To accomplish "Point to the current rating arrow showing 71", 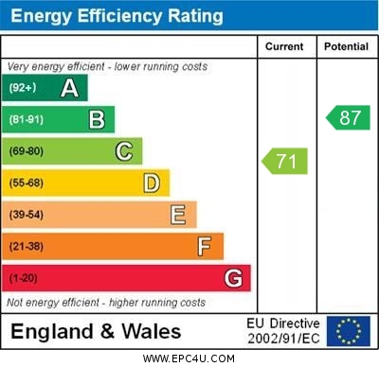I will click(x=285, y=161).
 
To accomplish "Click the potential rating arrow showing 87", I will click(x=348, y=117).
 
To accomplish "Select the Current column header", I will click(x=284, y=46).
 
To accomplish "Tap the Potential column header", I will click(x=346, y=46).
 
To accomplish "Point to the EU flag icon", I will click(x=349, y=331).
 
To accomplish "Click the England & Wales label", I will click(x=96, y=331).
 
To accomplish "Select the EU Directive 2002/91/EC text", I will click(x=283, y=331).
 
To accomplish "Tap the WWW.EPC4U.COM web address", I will click(x=189, y=358).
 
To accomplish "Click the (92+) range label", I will click(x=23, y=88).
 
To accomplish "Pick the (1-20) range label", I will click(x=24, y=278).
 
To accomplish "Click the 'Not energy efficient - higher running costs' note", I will click(x=106, y=303).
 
